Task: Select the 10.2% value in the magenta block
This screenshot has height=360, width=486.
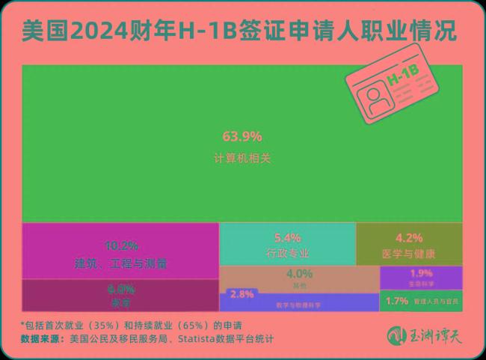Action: tap(120, 245)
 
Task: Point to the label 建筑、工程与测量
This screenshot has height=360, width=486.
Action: tap(120, 263)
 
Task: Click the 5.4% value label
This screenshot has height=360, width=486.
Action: tap(287, 237)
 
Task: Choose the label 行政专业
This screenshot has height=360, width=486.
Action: tap(287, 253)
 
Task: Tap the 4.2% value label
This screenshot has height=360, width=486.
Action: tap(408, 237)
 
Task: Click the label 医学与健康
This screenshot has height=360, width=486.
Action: tap(408, 253)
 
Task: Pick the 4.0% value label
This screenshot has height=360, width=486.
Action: tap(299, 273)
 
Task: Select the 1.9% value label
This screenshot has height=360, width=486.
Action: tap(421, 272)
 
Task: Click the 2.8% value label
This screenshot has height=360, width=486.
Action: tap(242, 294)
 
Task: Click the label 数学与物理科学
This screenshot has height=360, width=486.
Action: tap(299, 305)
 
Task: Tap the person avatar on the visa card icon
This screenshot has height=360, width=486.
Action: tap(372, 98)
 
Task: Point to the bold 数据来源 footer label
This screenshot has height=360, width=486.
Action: tap(43, 339)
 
